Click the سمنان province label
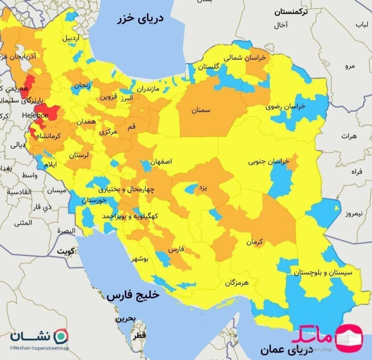(x=201, y=110)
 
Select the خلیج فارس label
(x=133, y=295)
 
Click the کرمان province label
(x=254, y=242)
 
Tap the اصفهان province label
(x=161, y=162)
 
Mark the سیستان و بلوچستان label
(x=323, y=272)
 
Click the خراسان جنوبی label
(x=269, y=162)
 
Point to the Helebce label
(x=35, y=115)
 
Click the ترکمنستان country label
(x=292, y=12)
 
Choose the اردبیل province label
(x=70, y=38)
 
